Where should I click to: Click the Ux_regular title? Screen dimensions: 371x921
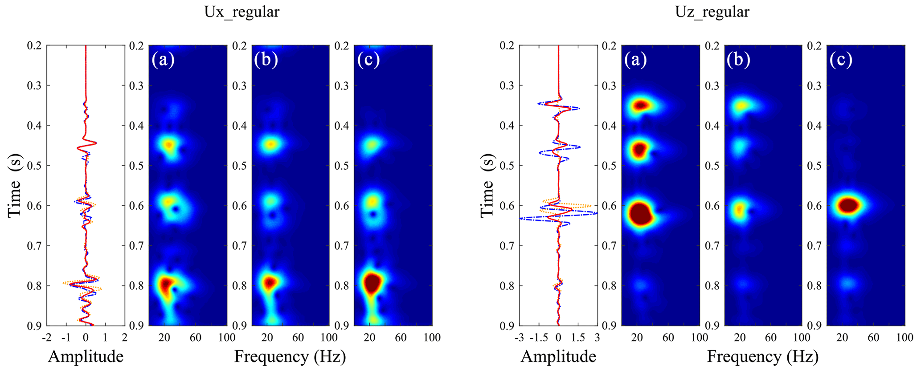[242, 12]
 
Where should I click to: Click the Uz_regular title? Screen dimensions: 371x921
[712, 12]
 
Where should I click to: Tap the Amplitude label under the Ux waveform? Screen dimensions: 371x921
[86, 356]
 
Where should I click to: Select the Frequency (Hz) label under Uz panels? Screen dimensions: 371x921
[762, 356]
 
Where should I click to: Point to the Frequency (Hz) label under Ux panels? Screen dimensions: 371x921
[290, 356]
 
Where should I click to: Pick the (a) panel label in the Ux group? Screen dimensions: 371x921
[163, 60]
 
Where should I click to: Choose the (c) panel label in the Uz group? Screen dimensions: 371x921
[841, 60]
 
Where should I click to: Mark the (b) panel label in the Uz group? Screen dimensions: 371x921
[738, 60]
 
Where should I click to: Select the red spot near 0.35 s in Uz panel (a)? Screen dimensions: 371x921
[641, 106]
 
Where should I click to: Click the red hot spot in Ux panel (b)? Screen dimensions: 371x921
[269, 282]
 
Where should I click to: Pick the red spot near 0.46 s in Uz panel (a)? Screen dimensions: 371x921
[639, 150]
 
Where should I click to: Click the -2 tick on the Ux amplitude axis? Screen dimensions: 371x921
[46, 338]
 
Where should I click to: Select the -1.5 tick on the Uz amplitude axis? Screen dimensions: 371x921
[538, 338]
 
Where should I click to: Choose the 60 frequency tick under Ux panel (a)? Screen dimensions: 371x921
[196, 338]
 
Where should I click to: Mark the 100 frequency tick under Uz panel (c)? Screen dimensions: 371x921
[905, 338]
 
